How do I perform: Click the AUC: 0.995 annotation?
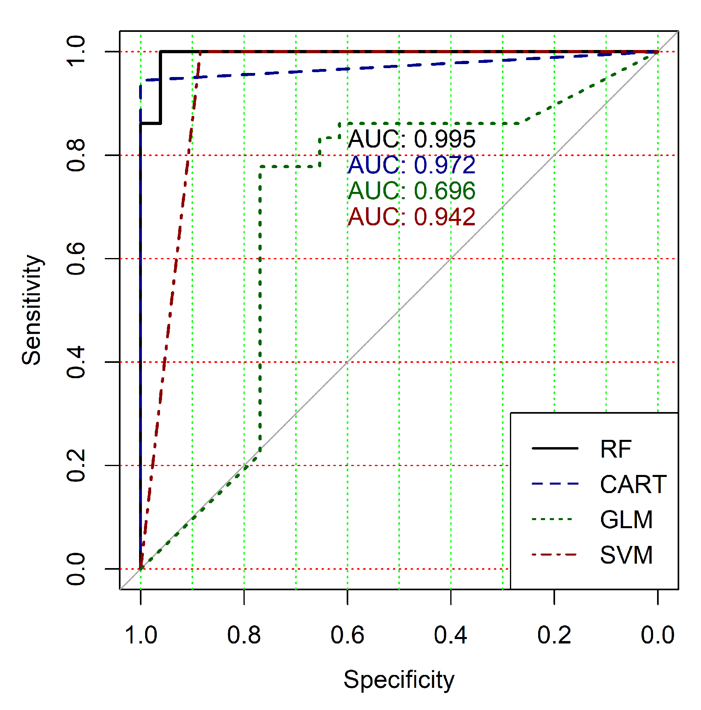(x=412, y=139)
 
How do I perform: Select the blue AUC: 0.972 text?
(x=412, y=165)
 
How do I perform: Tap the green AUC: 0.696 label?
(x=412, y=191)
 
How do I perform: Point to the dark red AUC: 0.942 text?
(x=412, y=217)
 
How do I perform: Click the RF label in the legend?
(x=615, y=449)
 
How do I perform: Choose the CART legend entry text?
(x=633, y=484)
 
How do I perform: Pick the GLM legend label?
(x=626, y=519)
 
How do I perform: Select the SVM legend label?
(x=626, y=555)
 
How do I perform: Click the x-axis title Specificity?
(x=399, y=680)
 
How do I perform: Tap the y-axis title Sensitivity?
(x=32, y=310)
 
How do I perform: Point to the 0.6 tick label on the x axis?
(x=347, y=635)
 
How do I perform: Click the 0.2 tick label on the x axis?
(x=554, y=635)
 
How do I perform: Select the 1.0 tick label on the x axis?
(x=141, y=635)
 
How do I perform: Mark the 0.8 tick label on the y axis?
(x=76, y=155)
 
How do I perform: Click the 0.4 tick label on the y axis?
(x=76, y=362)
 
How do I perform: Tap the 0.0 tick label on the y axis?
(x=76, y=569)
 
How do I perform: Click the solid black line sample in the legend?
(x=555, y=448)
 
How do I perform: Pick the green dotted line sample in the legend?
(x=555, y=519)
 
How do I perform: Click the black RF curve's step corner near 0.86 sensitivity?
(x=160, y=123)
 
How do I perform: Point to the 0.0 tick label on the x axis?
(x=657, y=635)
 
